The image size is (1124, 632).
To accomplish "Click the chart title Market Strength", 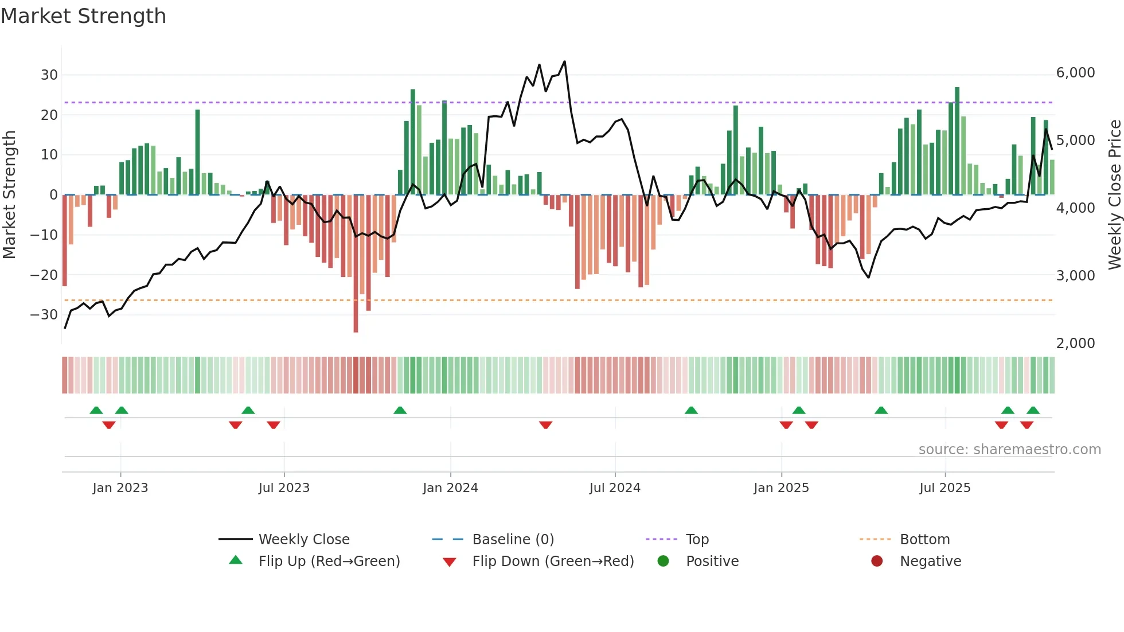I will pyautogui.click(x=83, y=16).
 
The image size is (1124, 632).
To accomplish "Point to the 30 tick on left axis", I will pyautogui.click(x=49, y=75).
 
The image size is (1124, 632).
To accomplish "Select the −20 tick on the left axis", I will pyautogui.click(x=44, y=275).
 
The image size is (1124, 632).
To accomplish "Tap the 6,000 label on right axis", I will pyautogui.click(x=1075, y=73).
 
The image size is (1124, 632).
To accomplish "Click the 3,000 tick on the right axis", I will pyautogui.click(x=1075, y=276).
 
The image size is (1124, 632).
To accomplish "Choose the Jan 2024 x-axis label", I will pyautogui.click(x=450, y=488).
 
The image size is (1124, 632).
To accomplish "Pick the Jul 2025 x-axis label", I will pyautogui.click(x=945, y=488).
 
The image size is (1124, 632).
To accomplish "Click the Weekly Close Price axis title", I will pyautogui.click(x=1114, y=195).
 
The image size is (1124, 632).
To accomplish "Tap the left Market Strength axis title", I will pyautogui.click(x=9, y=195).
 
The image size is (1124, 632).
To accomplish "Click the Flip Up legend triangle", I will pyautogui.click(x=236, y=560).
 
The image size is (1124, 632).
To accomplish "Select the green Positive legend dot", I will pyautogui.click(x=663, y=561).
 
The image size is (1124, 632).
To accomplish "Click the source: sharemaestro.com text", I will pyautogui.click(x=1009, y=450).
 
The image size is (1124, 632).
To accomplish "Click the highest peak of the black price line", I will pyautogui.click(x=565, y=61).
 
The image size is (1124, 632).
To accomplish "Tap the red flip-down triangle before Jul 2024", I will pyautogui.click(x=545, y=425).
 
